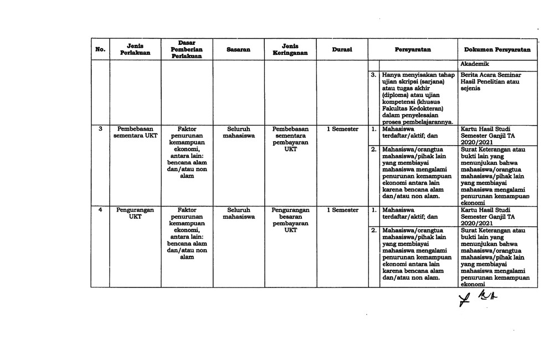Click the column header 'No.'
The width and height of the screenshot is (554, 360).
tap(100, 49)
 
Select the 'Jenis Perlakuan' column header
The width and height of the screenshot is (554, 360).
tap(135, 49)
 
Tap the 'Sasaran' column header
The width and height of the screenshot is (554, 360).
tap(238, 49)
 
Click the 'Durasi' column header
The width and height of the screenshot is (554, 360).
tap(342, 49)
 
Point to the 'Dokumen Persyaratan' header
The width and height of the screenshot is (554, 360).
tap(497, 49)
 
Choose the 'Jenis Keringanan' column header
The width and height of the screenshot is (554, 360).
tap(290, 49)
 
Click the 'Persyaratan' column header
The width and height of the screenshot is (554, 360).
tap(413, 49)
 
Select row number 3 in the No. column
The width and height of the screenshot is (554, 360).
tap(100, 128)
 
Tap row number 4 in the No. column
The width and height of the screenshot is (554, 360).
tap(100, 210)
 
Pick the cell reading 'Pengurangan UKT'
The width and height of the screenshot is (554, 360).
tap(135, 213)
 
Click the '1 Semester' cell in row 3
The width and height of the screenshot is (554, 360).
tap(342, 129)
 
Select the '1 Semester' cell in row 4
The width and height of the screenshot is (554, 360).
tap(342, 210)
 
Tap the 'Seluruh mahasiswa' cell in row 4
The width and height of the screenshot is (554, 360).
tap(238, 213)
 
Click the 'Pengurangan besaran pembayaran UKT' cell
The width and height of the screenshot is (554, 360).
tap(290, 220)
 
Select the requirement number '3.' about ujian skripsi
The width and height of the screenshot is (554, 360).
tap(373, 74)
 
